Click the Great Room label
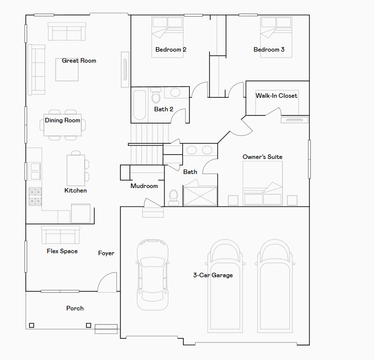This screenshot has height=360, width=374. click(x=79, y=61)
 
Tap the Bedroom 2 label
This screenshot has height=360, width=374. click(x=170, y=50)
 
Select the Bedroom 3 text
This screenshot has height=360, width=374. click(x=269, y=50)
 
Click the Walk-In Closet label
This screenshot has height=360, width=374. click(x=276, y=96)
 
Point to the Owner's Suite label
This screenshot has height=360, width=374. click(x=262, y=157)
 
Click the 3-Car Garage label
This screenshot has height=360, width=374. click(x=213, y=275)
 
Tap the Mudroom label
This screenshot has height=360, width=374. click(x=144, y=186)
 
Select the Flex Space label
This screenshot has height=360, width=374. click(x=62, y=251)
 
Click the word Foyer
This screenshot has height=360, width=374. click(x=106, y=253)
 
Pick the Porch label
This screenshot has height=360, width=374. click(x=75, y=308)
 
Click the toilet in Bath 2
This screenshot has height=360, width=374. click(x=155, y=95)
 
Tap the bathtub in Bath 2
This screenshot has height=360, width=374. click(x=139, y=104)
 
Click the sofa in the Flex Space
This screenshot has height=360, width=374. click(x=60, y=234)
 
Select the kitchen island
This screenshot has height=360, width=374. click(x=75, y=169)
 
